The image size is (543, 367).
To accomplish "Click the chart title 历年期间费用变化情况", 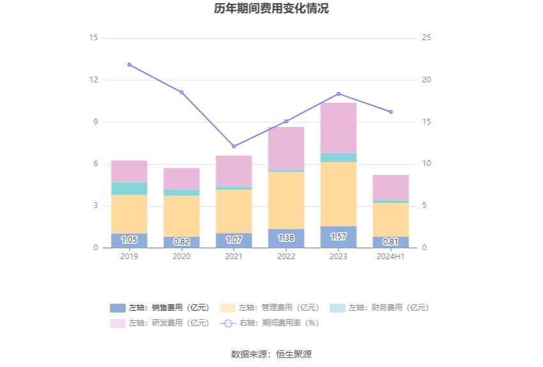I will pos(271,9).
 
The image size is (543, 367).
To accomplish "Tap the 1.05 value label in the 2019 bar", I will pos(129,240).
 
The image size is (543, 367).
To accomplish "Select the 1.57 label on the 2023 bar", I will pos(339,237).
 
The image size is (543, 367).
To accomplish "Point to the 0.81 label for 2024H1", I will pos(391,242).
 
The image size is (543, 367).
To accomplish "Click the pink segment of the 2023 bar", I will pos(339,128).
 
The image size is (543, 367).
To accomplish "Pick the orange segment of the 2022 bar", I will pos(286,200).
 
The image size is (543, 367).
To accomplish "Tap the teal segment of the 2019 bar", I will pos(129,188).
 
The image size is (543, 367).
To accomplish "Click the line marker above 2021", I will pos(234,146).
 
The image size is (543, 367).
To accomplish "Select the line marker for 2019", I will pos(129,64).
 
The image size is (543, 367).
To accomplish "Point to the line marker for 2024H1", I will pos(391,112).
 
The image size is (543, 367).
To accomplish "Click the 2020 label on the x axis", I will pos(181,257).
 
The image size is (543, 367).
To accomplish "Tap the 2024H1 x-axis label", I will pos(391,257).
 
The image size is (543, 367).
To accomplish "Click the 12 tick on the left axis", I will pos(94,80).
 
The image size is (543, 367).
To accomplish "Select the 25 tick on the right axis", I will pos(427,38).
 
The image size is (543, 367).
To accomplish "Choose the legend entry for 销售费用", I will pos(160,308).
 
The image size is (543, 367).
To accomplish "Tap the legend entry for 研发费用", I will pos(160,323).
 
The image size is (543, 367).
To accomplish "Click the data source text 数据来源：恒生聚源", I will pos(271,354).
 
